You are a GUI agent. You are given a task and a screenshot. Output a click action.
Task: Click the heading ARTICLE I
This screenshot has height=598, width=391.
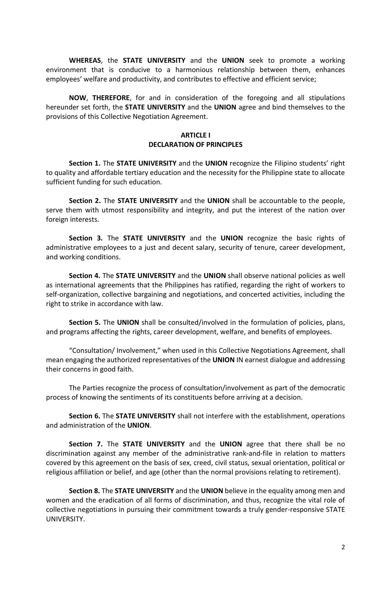[195, 135]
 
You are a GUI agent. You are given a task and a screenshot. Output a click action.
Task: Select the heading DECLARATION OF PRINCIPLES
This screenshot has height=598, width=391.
[195, 145]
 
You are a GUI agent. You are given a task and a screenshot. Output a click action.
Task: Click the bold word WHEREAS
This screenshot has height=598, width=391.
[85, 60]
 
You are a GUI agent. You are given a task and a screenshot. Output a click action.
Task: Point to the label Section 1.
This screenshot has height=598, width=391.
[85, 163]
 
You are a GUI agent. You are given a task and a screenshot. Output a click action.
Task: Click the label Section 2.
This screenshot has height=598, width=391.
[85, 201]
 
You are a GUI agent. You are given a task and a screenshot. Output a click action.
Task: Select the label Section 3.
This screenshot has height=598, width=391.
[86, 238]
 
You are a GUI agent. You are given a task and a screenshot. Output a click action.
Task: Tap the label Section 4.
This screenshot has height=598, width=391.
[85, 276]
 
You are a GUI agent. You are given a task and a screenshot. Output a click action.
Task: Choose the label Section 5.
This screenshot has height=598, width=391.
[85, 322]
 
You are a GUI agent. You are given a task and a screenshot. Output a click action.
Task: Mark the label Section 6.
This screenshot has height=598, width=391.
[85, 416]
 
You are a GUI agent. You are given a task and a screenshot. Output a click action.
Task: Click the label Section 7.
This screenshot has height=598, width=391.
[86, 444]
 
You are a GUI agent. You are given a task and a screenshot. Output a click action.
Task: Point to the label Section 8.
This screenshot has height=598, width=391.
[85, 491]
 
